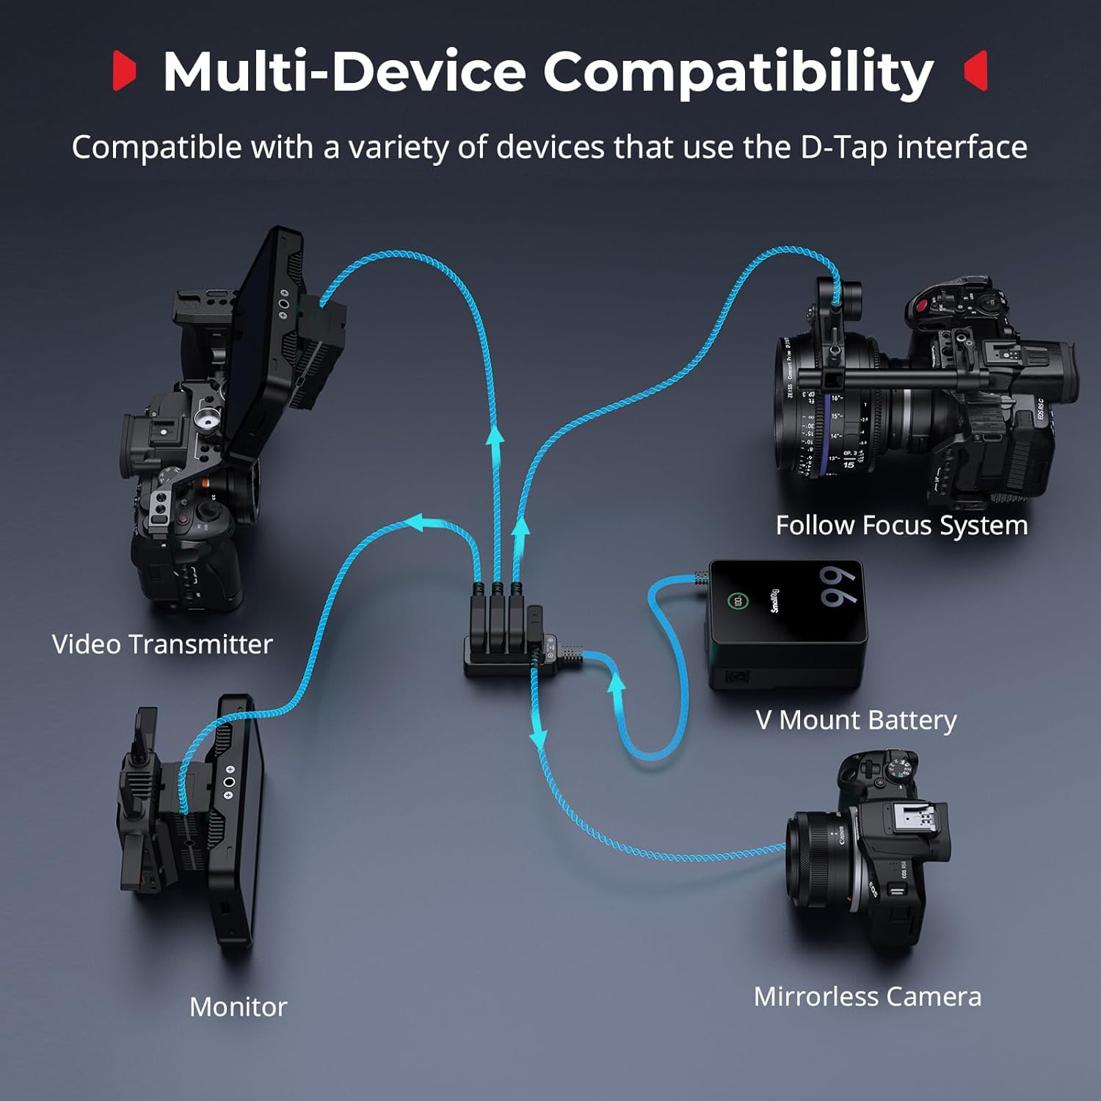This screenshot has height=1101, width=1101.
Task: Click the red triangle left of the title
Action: click(124, 70)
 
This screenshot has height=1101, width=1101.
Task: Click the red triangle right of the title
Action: click(977, 70)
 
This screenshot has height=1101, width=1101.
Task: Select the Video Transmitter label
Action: click(162, 644)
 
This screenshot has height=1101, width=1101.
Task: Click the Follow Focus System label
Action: click(901, 526)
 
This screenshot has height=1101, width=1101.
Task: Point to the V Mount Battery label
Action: click(856, 720)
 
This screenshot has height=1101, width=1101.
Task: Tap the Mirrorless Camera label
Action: click(867, 997)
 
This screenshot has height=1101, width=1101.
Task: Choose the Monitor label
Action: click(238, 1007)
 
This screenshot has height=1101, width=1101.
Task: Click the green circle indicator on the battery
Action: click(737, 601)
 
